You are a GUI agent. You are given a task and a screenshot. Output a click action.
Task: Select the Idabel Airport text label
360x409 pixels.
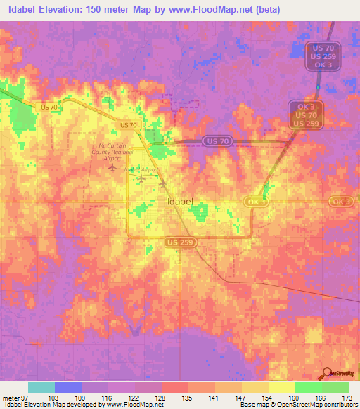[x=141, y=169]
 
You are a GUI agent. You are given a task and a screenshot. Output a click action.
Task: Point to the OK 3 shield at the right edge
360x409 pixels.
[x=342, y=202]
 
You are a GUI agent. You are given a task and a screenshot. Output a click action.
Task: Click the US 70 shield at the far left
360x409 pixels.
[x=49, y=107]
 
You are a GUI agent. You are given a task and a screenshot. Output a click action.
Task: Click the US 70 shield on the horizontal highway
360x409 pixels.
[x=215, y=141]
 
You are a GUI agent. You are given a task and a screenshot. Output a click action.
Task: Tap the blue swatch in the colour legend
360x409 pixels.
[x=68, y=387]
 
